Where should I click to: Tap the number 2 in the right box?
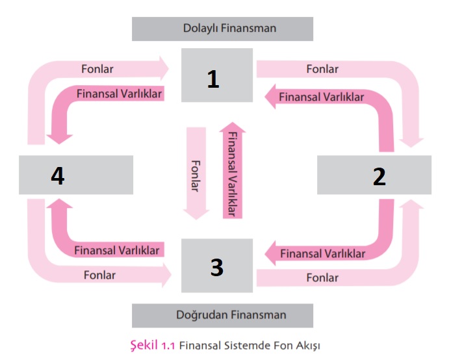point(379,176)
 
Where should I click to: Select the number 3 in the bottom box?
point(217,266)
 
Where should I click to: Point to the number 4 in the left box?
point(58,176)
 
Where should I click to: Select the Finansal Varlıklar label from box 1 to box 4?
point(119,93)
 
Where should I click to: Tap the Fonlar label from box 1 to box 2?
point(322,68)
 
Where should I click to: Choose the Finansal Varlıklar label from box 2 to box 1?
point(321,97)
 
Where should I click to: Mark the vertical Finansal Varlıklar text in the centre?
point(233,175)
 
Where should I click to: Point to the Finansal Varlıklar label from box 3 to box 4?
point(117,250)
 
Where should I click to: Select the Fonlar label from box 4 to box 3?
point(99,275)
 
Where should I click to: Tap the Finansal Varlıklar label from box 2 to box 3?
point(322,253)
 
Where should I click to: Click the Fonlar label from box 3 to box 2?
point(322,277)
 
